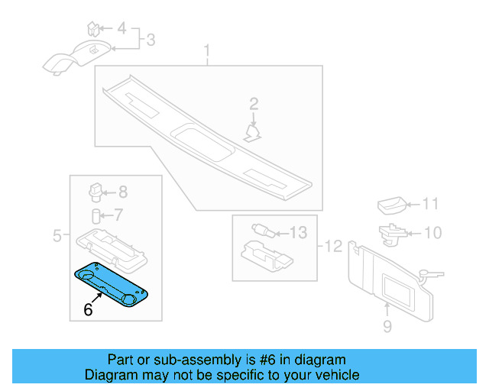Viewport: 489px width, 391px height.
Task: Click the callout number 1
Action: (206, 52)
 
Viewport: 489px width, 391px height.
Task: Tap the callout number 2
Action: (254, 104)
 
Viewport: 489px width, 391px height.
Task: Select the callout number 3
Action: (151, 39)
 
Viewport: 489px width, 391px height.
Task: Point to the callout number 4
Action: (121, 29)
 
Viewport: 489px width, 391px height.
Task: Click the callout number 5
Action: (57, 236)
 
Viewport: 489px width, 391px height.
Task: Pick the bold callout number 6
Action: (88, 309)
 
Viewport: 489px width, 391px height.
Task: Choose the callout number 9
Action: (387, 328)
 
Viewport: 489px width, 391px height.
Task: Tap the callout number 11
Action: (432, 204)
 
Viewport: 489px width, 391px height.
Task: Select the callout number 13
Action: (298, 232)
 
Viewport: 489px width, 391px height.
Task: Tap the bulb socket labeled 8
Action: (96, 190)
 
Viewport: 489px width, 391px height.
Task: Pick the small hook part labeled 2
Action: (252, 134)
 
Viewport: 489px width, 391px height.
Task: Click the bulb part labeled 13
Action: (260, 228)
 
